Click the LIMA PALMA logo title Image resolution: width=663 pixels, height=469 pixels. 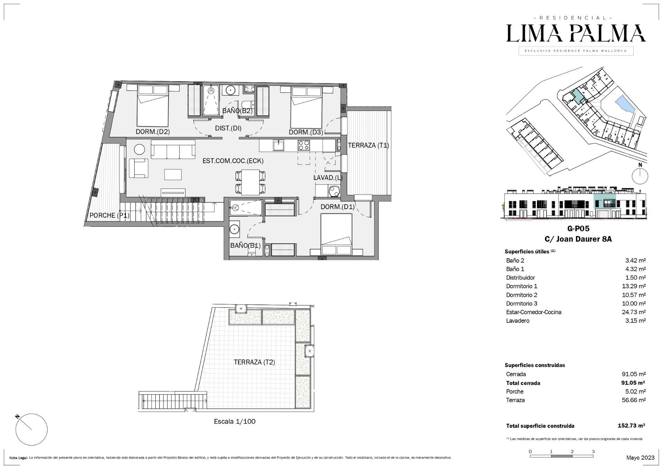point(576,34)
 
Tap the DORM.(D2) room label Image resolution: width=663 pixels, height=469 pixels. point(153,132)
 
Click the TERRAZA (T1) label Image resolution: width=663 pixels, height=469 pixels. point(368,146)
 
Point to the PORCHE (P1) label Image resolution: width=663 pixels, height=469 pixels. point(109,215)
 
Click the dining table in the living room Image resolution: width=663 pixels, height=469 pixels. point(250,182)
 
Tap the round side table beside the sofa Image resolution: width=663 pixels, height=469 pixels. point(140,149)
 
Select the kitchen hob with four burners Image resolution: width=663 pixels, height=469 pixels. point(304,145)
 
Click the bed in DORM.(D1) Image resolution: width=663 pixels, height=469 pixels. point(336,234)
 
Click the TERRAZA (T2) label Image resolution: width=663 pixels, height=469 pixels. point(254,362)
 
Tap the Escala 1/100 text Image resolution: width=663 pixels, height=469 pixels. point(234,421)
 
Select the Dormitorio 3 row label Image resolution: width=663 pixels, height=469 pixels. point(521,303)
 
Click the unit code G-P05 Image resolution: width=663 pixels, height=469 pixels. point(578,228)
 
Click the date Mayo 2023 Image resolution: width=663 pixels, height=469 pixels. point(640,458)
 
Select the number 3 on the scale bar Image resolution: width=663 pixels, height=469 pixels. point(593,451)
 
